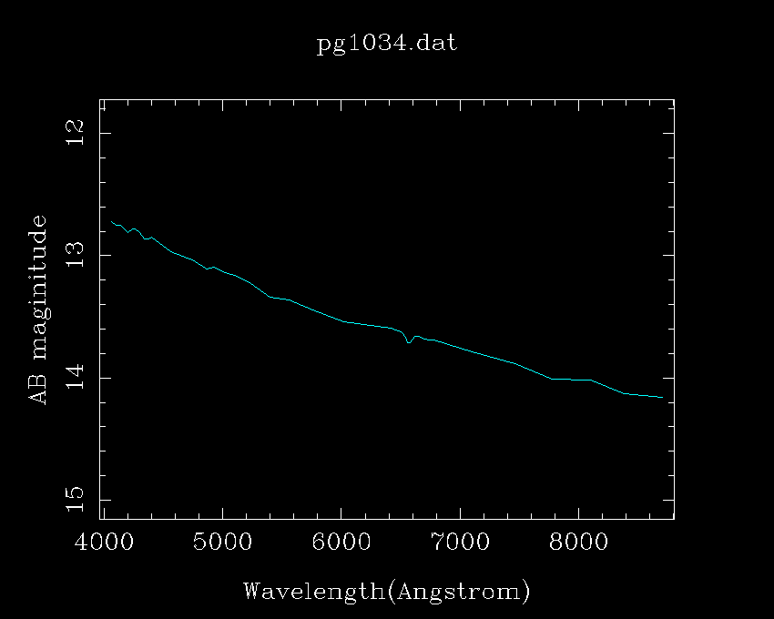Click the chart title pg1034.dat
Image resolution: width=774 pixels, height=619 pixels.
[386, 45]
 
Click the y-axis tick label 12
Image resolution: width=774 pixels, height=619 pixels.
[76, 133]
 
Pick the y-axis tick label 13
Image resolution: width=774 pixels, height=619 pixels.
[76, 255]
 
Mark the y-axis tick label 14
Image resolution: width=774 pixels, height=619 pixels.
[76, 377]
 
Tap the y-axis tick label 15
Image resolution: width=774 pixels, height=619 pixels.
[76, 499]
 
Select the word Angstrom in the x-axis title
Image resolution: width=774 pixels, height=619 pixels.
[458, 593]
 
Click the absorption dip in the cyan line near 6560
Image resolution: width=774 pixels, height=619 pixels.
[409, 342]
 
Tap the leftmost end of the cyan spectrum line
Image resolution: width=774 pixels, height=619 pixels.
[111, 221]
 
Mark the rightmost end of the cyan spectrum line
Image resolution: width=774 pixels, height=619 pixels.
[662, 398]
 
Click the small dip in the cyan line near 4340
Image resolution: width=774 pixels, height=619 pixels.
[145, 239]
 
